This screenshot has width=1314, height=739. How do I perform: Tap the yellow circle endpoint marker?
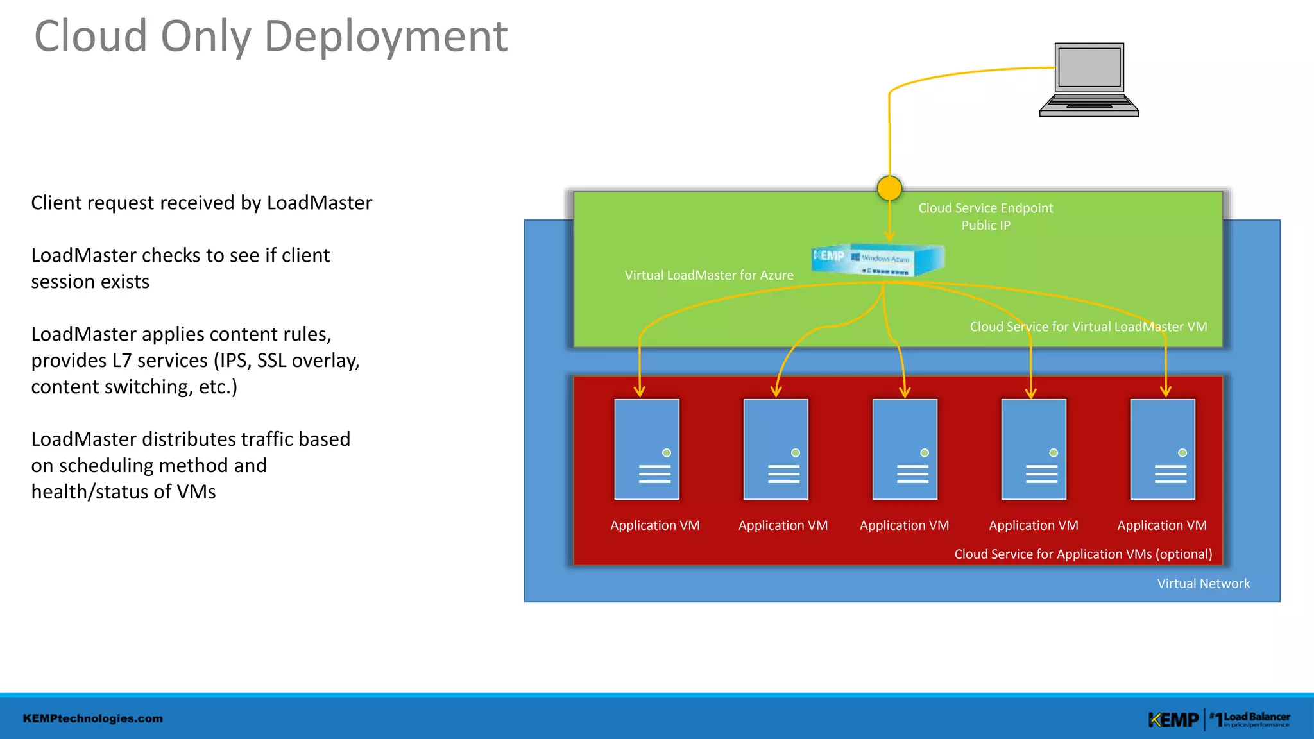(889, 188)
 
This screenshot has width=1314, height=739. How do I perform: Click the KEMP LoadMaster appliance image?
(878, 260)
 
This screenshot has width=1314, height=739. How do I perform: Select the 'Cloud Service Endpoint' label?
(985, 208)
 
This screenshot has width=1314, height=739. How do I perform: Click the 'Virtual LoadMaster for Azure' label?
(709, 275)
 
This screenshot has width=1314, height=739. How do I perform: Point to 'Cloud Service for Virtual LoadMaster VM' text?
(1088, 327)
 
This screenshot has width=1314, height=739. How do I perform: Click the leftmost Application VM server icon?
(647, 449)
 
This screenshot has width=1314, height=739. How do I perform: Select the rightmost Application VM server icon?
(1163, 449)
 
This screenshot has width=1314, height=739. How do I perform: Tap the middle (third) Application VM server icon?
(905, 449)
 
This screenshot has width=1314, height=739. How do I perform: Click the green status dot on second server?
(796, 453)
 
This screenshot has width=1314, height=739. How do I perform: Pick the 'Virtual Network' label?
(1203, 584)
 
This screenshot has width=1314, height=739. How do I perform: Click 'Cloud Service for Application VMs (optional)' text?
(1083, 554)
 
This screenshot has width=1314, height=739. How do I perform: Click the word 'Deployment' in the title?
(386, 37)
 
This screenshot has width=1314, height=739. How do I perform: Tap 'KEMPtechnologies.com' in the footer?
(93, 718)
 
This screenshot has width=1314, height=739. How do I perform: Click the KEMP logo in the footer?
(1173, 720)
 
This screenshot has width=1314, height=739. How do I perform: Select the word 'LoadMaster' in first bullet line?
(319, 203)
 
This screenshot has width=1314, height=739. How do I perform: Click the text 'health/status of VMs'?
(123, 492)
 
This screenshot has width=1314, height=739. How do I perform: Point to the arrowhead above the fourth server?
(1031, 393)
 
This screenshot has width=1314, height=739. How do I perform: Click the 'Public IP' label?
(985, 225)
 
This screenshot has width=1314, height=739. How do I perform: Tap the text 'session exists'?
(90, 282)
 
